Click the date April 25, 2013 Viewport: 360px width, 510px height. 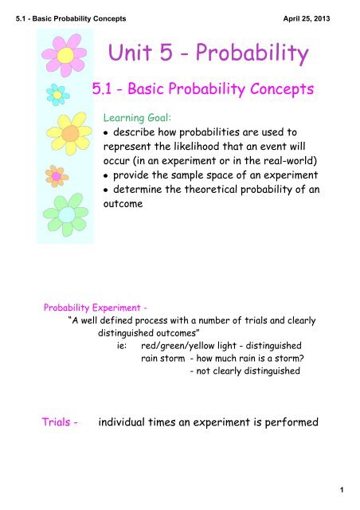click(x=307, y=18)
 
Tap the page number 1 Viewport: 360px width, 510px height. click(x=342, y=489)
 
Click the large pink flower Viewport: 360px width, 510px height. click(x=65, y=55)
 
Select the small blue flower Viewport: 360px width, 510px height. click(x=57, y=95)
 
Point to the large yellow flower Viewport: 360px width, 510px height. click(x=69, y=133)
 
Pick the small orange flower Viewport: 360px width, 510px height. click(x=57, y=176)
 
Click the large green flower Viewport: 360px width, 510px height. click(x=66, y=214)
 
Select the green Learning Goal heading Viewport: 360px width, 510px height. click(x=137, y=117)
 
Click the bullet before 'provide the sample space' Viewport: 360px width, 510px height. click(x=105, y=176)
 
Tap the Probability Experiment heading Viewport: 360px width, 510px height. click(x=96, y=308)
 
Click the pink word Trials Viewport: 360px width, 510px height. click(x=56, y=422)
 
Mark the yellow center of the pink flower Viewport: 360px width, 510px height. click(x=65, y=55)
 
